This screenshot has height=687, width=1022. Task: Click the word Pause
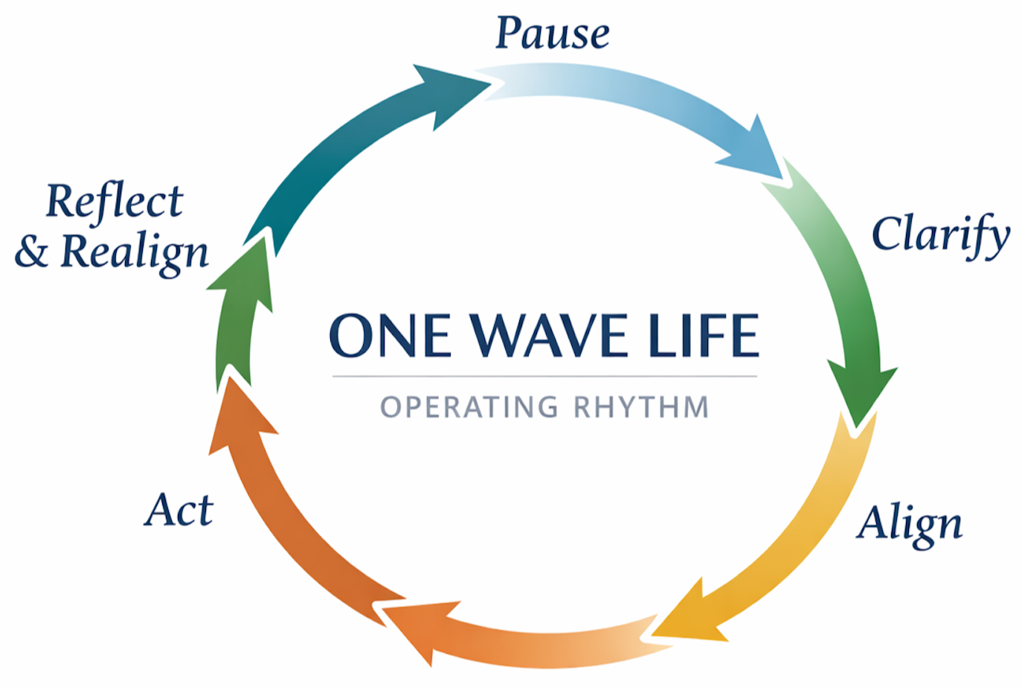552,33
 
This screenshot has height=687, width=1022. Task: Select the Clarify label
940,234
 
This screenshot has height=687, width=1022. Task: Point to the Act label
179,511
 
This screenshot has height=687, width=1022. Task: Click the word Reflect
115,201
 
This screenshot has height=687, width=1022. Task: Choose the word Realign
135,252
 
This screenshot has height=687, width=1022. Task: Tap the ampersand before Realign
31,252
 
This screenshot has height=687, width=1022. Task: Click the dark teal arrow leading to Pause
350,141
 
